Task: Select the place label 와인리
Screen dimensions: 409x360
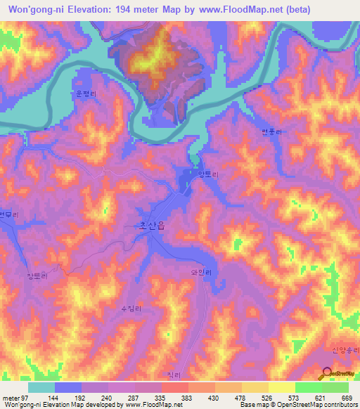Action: pyautogui.click(x=200, y=268)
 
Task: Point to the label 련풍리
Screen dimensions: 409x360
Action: pyautogui.click(x=270, y=131)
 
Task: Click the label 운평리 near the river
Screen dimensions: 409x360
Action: pyautogui.click(x=84, y=92)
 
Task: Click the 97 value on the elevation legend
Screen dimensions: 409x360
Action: pyautogui.click(x=26, y=397)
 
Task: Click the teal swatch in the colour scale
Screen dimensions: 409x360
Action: pyautogui.click(x=41, y=387)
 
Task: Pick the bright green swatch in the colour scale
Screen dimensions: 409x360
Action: pyautogui.click(x=308, y=387)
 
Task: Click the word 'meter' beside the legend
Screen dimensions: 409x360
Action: pyautogui.click(x=11, y=397)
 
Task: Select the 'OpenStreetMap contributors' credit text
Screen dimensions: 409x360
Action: pyautogui.click(x=314, y=405)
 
